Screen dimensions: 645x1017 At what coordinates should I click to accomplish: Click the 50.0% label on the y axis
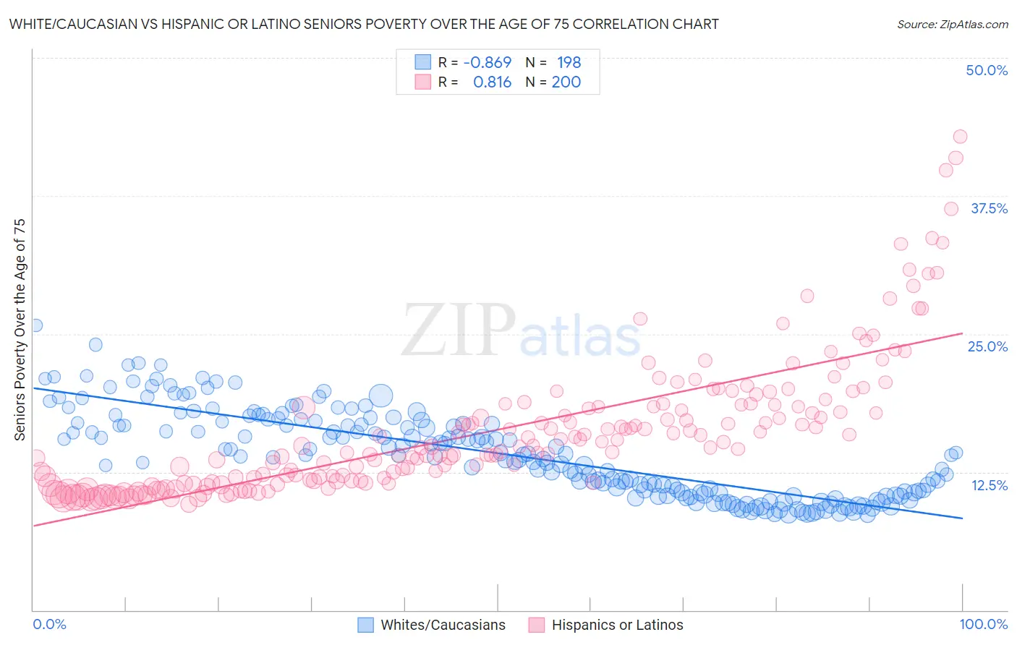click(987, 70)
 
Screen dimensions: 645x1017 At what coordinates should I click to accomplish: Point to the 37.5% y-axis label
click(989, 208)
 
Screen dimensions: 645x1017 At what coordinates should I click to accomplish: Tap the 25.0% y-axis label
click(987, 346)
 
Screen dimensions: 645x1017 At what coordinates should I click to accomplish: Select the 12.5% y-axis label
click(989, 484)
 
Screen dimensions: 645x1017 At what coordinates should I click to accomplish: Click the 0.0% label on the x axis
click(49, 624)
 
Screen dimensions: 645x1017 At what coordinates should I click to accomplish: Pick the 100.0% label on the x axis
click(983, 624)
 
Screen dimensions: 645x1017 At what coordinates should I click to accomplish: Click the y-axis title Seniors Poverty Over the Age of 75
click(20, 329)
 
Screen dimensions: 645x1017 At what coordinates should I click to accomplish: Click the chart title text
click(364, 24)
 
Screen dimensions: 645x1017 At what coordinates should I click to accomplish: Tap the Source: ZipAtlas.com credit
click(952, 24)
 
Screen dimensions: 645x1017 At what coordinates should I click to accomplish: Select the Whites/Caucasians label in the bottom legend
click(443, 625)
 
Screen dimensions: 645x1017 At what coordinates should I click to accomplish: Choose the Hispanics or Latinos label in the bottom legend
click(617, 625)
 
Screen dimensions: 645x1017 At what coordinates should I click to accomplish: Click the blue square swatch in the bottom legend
click(366, 625)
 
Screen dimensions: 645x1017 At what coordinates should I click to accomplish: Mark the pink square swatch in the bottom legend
click(536, 625)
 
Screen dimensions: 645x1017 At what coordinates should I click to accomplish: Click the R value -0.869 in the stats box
click(487, 63)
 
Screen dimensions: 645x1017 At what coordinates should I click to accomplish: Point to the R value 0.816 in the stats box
click(492, 82)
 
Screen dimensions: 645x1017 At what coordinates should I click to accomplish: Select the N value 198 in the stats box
click(569, 63)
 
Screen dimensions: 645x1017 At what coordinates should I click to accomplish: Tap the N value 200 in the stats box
click(566, 82)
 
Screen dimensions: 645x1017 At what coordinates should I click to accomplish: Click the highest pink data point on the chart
click(960, 137)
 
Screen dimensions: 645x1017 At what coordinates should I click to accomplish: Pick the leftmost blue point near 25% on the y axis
click(35, 325)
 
